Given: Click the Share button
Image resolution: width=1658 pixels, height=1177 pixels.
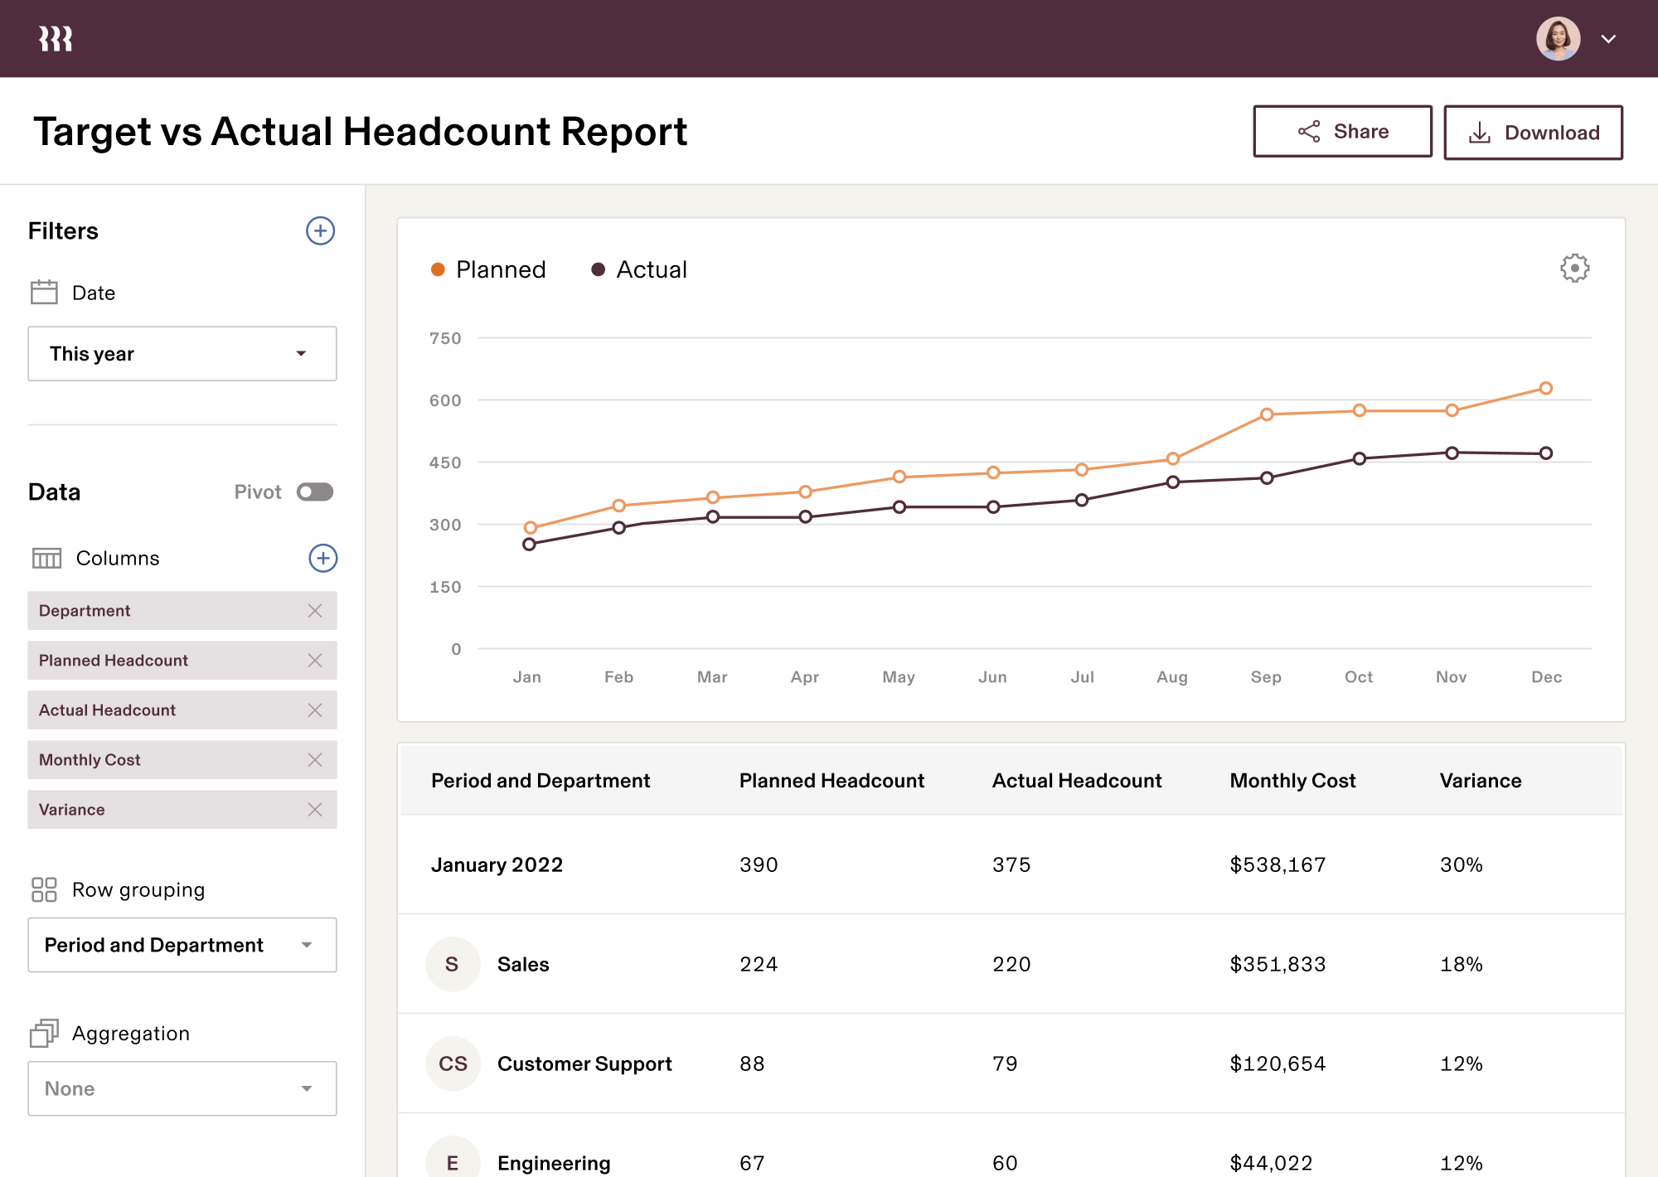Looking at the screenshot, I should [x=1342, y=132].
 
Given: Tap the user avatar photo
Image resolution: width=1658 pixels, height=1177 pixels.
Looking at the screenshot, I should [x=1558, y=39].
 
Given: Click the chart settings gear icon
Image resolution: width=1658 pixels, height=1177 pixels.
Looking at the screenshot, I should [x=1574, y=269].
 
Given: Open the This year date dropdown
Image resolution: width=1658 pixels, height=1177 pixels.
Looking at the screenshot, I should [x=182, y=354].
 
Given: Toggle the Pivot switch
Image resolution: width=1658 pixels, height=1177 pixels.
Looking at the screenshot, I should [x=315, y=492].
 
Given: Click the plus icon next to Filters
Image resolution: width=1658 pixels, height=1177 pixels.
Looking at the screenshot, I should [x=321, y=231].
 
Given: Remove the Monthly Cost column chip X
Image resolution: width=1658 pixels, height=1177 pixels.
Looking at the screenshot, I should [x=315, y=760].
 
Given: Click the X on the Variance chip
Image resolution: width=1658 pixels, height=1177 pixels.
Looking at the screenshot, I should [x=315, y=810].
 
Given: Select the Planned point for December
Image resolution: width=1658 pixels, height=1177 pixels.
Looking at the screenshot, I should [x=1546, y=388].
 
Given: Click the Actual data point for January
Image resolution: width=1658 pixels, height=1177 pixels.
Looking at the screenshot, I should [x=530, y=545].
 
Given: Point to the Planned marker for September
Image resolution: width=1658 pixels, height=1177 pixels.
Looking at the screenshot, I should [x=1267, y=414].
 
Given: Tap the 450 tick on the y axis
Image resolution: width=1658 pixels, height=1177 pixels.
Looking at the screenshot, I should [x=445, y=463].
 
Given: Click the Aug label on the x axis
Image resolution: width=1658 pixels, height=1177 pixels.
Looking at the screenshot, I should [x=1172, y=677].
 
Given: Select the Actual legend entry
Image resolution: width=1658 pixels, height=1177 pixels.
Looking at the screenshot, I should [x=639, y=270].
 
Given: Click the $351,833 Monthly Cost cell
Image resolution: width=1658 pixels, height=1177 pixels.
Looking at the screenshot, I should [x=1277, y=964].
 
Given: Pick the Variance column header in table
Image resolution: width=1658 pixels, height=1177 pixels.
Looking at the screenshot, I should [x=1481, y=781].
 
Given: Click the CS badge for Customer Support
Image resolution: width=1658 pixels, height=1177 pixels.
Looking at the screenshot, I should [x=453, y=1063].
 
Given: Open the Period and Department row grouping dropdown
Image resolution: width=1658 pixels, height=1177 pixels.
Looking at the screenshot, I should [x=182, y=945].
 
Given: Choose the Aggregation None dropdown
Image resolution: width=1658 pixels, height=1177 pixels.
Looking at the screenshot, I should [x=182, y=1088].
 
